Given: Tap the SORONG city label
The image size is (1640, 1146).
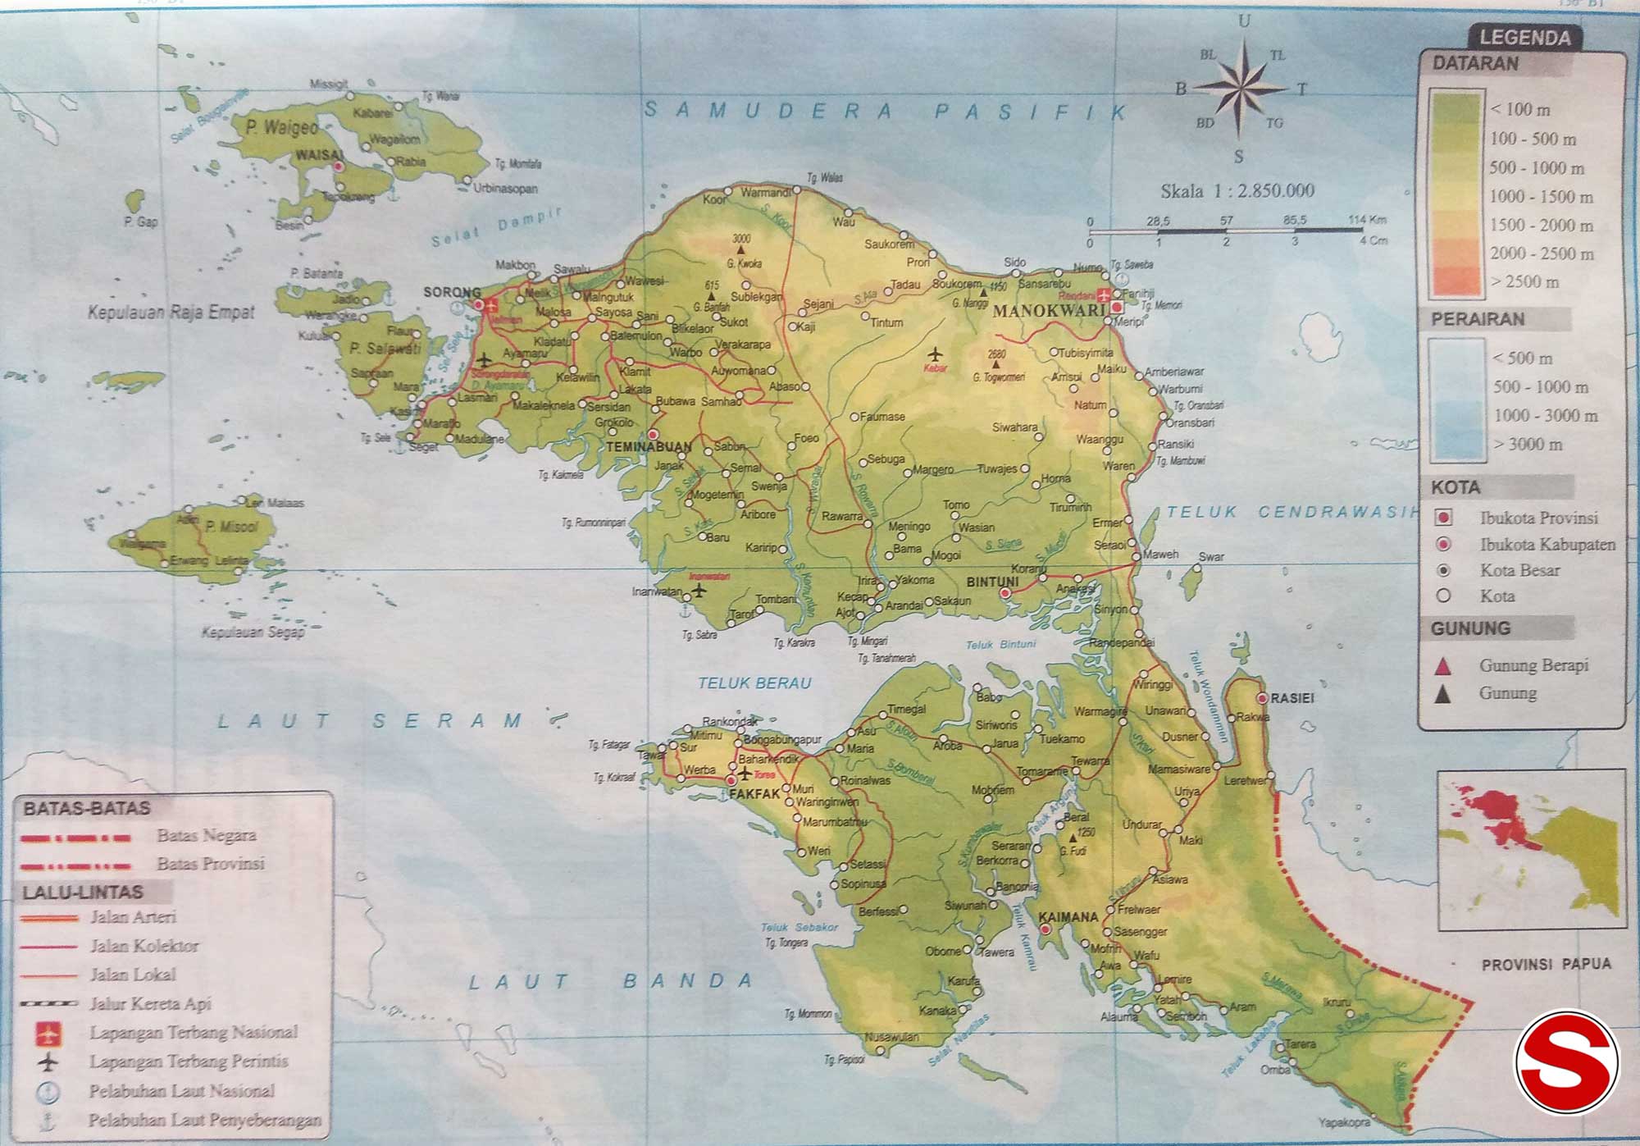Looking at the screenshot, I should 452,292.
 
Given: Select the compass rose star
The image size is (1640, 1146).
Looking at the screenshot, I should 1240,87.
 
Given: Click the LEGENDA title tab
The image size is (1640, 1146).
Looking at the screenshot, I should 1524,38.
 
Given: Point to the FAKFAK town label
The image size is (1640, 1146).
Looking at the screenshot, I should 754,794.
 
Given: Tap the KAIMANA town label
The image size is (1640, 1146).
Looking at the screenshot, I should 1068,917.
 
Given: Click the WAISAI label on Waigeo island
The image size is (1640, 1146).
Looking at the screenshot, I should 319,155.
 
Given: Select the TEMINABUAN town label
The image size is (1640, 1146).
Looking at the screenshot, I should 649,447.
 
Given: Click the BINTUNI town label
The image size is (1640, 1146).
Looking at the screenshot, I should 992,582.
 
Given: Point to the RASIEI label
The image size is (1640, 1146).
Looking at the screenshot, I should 1292,698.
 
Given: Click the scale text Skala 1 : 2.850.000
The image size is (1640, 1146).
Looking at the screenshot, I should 1237,191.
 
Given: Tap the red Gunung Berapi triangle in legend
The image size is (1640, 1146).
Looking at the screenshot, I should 1442,665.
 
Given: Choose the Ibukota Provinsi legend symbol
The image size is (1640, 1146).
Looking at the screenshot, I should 1444,518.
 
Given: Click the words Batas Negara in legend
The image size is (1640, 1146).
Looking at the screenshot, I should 207,835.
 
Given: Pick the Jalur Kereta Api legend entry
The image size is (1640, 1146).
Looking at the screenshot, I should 150,1003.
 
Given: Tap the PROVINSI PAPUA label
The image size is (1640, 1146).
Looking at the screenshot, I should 1546,965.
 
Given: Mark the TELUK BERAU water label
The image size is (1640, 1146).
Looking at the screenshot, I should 754,683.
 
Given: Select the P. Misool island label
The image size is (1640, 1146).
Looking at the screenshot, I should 232,527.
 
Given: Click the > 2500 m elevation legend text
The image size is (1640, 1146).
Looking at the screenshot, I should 1525,281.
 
